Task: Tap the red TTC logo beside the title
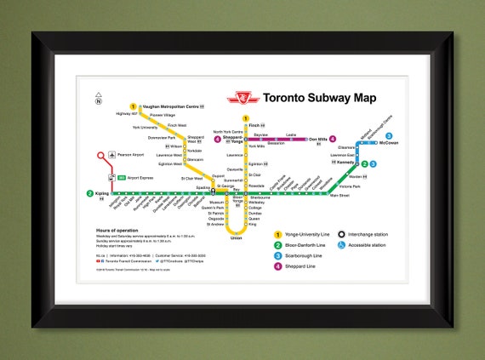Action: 242,98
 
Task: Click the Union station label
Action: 236,238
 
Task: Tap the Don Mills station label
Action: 317,139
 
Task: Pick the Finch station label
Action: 254,125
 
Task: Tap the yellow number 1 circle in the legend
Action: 277,234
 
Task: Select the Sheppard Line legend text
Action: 305,266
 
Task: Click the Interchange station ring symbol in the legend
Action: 341,234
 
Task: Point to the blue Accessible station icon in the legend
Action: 341,245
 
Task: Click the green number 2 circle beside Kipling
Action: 90,193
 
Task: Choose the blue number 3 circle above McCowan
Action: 389,135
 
